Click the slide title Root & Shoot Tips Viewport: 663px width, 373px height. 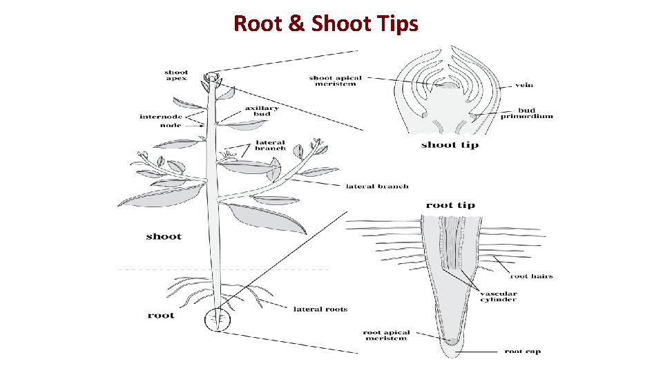click(x=326, y=23)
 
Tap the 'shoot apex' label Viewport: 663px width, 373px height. click(x=176, y=75)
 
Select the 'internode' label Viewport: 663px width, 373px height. click(x=160, y=117)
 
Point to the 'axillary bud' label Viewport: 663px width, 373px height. click(x=262, y=111)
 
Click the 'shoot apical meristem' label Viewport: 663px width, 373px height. click(x=335, y=81)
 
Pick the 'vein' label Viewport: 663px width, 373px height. click(x=524, y=86)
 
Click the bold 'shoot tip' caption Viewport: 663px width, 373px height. click(x=450, y=144)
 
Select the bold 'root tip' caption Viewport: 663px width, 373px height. click(x=450, y=205)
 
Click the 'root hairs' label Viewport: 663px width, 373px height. click(x=532, y=276)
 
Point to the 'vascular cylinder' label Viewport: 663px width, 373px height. click(x=499, y=297)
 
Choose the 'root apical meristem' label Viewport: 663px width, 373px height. click(x=386, y=336)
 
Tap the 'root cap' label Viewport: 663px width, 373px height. click(x=523, y=352)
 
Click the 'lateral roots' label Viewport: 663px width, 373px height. click(x=320, y=309)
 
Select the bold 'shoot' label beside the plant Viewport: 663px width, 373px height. click(x=164, y=237)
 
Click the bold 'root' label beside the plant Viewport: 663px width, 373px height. click(x=161, y=316)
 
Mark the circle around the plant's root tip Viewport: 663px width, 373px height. click(x=218, y=320)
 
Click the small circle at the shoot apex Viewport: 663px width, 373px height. click(x=211, y=77)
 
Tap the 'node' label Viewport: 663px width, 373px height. click(x=171, y=125)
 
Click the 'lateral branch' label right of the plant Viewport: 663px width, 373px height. click(x=377, y=186)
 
